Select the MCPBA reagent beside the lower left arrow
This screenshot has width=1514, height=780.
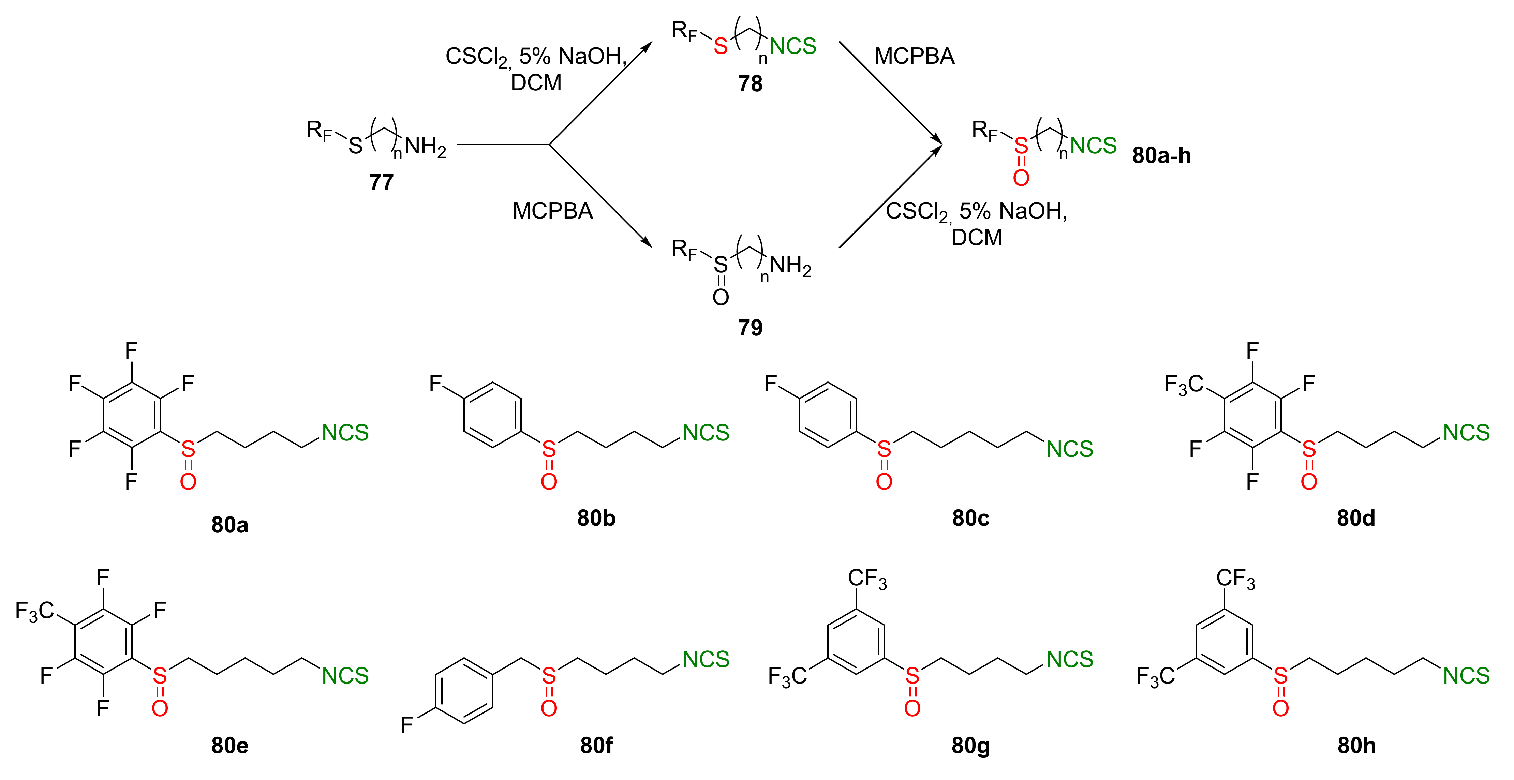coord(552,211)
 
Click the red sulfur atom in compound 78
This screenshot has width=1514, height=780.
coord(721,46)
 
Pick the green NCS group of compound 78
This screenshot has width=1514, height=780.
coord(793,46)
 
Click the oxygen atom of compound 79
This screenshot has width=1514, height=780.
coord(721,297)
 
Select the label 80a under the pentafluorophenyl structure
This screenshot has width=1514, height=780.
coord(230,524)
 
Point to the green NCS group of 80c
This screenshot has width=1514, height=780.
coord(1070,449)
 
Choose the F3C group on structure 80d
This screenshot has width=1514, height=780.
coord(1184,385)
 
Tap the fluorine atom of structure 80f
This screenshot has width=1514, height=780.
coord(407,725)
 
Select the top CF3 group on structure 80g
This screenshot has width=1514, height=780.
coord(867,579)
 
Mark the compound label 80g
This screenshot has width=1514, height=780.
coord(970,745)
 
